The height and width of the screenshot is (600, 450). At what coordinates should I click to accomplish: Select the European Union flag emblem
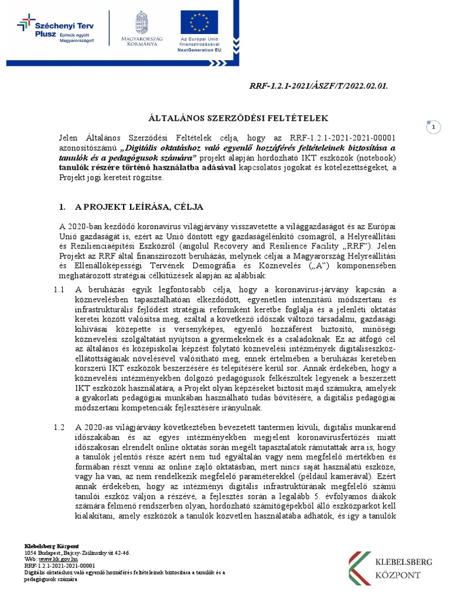[200, 23]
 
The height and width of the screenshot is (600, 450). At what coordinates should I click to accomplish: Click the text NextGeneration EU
[200, 50]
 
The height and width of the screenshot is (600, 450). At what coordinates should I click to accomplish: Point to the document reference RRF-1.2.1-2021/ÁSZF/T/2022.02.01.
[319, 86]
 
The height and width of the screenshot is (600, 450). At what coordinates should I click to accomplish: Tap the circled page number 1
[434, 127]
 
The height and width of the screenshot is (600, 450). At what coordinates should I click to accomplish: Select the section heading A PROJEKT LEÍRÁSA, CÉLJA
[139, 207]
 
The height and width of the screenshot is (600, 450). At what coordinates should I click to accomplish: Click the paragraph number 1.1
[59, 289]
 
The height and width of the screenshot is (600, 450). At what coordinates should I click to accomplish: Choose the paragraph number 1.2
[59, 428]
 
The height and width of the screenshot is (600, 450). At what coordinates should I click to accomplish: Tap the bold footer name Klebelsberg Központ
[52, 546]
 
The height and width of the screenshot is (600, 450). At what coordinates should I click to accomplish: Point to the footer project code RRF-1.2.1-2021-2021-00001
[59, 566]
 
